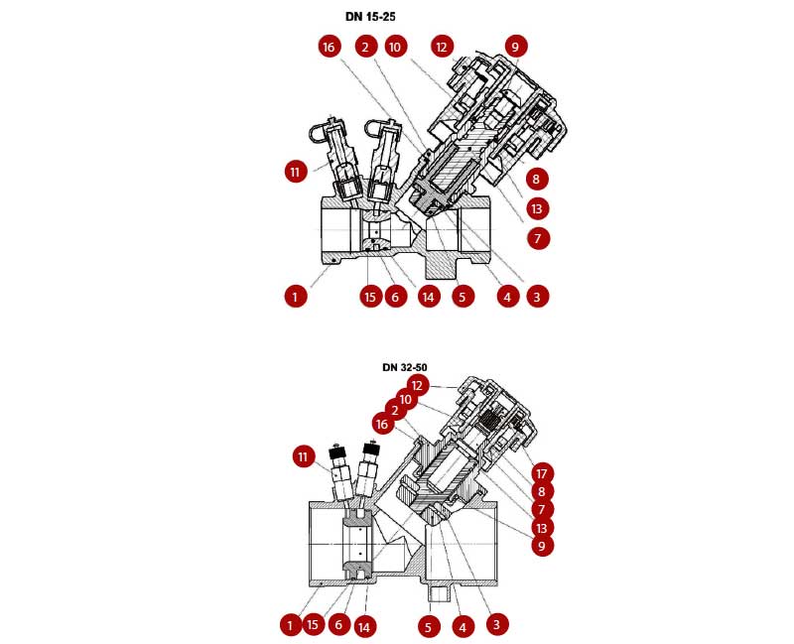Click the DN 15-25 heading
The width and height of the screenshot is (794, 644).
pyautogui.click(x=370, y=17)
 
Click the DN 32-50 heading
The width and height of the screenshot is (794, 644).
pyautogui.click(x=405, y=367)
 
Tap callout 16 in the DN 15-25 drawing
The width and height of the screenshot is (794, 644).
pyautogui.click(x=329, y=47)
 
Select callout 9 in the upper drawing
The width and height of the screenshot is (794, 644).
pyautogui.click(x=515, y=47)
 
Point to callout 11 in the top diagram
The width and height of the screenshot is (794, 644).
pyautogui.click(x=296, y=172)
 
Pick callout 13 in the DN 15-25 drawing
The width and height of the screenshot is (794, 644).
pyautogui.click(x=537, y=208)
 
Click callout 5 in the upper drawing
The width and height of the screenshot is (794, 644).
pyautogui.click(x=462, y=297)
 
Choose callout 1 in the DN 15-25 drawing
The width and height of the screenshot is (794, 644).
pyautogui.click(x=296, y=296)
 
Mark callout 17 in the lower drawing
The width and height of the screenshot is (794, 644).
pyautogui.click(x=542, y=474)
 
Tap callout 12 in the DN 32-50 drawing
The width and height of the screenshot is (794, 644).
pyautogui.click(x=417, y=386)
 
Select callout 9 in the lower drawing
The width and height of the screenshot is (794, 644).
pyautogui.click(x=542, y=546)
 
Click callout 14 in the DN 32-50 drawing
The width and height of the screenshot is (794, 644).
pyautogui.click(x=364, y=628)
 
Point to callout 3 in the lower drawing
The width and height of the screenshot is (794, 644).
pyautogui.click(x=496, y=624)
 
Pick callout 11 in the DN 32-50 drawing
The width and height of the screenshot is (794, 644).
pyautogui.click(x=303, y=457)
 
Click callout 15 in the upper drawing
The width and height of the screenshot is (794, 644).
pyautogui.click(x=370, y=297)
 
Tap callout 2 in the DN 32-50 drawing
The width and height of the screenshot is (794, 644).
pyautogui.click(x=395, y=410)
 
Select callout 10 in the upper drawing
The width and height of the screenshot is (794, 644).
pyautogui.click(x=395, y=47)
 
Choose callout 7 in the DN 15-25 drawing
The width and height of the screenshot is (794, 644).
pyautogui.click(x=538, y=238)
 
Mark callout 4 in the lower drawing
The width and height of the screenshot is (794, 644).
pyautogui.click(x=462, y=628)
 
